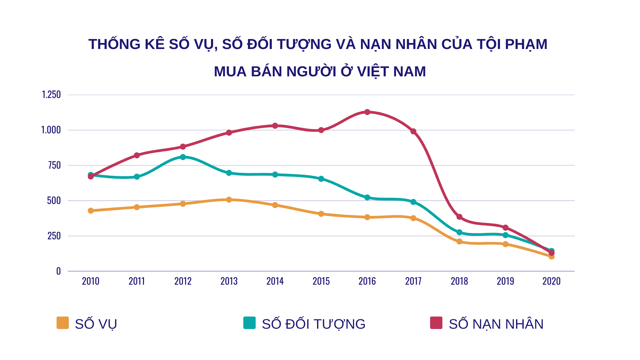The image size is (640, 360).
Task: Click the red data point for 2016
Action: pyautogui.click(x=367, y=112)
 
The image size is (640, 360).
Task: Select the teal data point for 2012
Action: pyautogui.click(x=183, y=157)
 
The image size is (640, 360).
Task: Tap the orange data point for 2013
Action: pyautogui.click(x=229, y=200)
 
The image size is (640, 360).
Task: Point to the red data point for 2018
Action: pyautogui.click(x=459, y=217)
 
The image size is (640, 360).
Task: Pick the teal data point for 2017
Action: pyautogui.click(x=413, y=202)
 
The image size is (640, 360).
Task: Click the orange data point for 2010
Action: pyautogui.click(x=91, y=211)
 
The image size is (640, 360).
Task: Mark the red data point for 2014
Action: pyautogui.click(x=275, y=126)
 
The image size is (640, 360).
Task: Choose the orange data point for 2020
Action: pyautogui.click(x=551, y=257)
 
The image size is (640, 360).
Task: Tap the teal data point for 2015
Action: pyautogui.click(x=321, y=179)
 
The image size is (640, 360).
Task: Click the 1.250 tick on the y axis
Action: pyautogui.click(x=51, y=95)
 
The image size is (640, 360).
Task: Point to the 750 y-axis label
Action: pyautogui.click(x=54, y=165)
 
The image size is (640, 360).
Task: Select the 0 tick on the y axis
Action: pyautogui.click(x=59, y=271)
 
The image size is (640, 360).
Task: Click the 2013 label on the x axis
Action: pyautogui.click(x=229, y=281)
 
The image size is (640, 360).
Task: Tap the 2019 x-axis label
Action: pyautogui.click(x=505, y=281)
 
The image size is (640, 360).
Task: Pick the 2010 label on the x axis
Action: pyautogui.click(x=91, y=281)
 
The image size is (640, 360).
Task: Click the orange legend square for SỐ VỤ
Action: pyautogui.click(x=63, y=323)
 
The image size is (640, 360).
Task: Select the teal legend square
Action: pyautogui.click(x=249, y=323)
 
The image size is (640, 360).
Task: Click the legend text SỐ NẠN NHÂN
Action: pyautogui.click(x=496, y=324)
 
